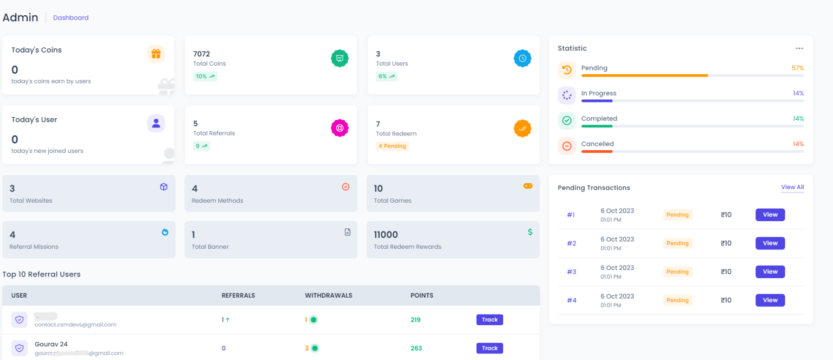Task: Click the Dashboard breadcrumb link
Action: (71, 18)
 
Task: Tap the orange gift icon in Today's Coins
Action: (156, 54)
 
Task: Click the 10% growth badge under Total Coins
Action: (205, 76)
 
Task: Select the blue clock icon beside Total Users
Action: (522, 58)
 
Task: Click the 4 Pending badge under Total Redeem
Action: (392, 146)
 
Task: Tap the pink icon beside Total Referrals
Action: (339, 128)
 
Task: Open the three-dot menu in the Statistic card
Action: (799, 48)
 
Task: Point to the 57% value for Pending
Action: (797, 68)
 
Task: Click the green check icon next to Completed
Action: (567, 120)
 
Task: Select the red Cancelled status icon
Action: (567, 146)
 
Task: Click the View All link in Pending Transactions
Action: (792, 188)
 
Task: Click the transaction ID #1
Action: (571, 215)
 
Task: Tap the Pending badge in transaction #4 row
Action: (677, 300)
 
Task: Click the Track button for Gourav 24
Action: (490, 348)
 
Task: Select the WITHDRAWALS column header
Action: (329, 295)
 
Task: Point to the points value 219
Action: (415, 320)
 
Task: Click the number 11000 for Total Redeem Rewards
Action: (386, 235)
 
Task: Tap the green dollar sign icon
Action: (530, 232)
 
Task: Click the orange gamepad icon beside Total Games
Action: (528, 186)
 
